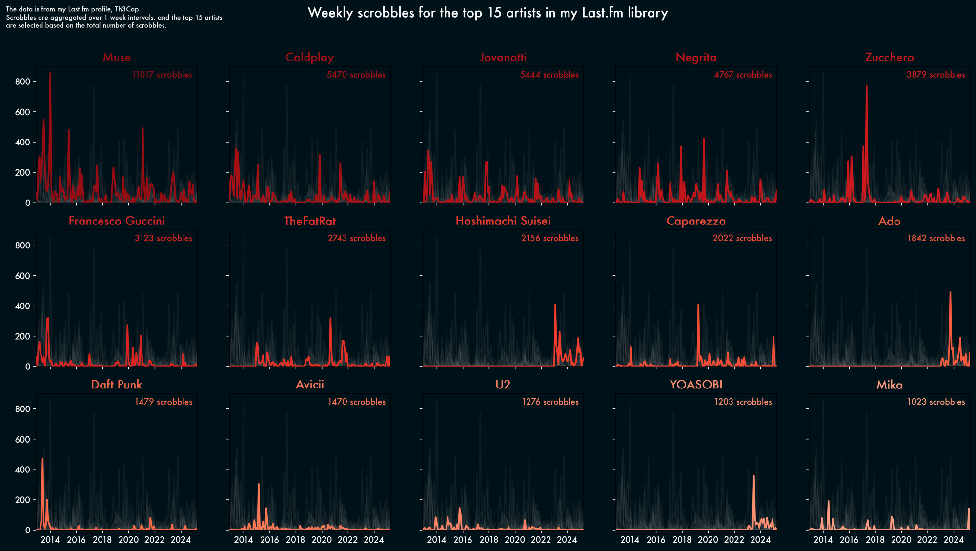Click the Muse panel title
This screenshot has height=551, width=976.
click(117, 57)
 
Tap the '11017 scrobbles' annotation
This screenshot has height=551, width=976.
click(162, 75)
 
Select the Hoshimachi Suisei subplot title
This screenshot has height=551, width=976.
click(503, 221)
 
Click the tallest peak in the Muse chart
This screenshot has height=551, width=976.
click(50, 73)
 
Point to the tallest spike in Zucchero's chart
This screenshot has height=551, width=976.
click(866, 86)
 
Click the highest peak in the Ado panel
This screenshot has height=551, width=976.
click(950, 293)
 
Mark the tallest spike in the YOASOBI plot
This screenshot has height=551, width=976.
click(753, 476)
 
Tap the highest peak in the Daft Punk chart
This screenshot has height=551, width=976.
click(42, 459)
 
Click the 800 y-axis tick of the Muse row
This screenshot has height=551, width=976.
click(22, 82)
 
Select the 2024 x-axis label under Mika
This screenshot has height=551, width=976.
click(953, 540)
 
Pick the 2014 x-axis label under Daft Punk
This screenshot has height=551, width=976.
click(50, 540)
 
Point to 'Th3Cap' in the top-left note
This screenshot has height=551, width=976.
click(127, 9)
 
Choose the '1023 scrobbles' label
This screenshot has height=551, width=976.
click(936, 402)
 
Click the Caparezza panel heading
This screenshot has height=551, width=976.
click(696, 221)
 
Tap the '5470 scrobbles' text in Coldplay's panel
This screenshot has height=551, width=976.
click(356, 75)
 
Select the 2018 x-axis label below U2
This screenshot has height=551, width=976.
click(488, 540)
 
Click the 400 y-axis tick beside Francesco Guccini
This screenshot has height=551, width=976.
click(22, 306)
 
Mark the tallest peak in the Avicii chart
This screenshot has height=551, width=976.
click(258, 484)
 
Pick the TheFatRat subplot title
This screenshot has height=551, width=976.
click(310, 221)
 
